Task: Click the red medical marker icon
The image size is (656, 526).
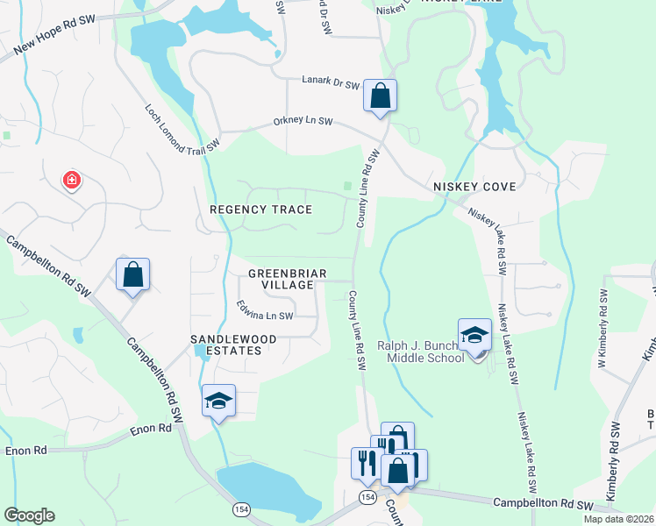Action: pos(71,181)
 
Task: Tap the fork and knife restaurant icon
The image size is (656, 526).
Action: pos(366,462)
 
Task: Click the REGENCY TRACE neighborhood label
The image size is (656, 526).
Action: pos(261,210)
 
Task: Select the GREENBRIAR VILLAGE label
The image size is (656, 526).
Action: pos(281,279)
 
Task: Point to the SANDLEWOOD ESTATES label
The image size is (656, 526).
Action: pos(234,345)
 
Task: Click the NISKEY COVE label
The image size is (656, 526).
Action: pos(474,188)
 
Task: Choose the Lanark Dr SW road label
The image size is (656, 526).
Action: pos(330,84)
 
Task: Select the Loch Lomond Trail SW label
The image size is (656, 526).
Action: pos(180,130)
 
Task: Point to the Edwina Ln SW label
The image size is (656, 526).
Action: pos(265,310)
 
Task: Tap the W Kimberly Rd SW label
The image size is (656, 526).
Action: pos(603,315)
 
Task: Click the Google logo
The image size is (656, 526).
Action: pos(29,515)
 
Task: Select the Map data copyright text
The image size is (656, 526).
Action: pos(618,519)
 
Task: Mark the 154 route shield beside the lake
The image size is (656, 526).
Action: pos(239,508)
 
